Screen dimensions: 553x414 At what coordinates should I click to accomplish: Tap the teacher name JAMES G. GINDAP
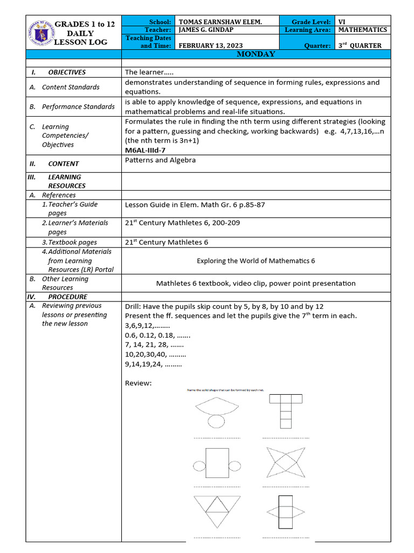[207, 30]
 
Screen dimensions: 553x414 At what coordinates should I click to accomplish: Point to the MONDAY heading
[256, 54]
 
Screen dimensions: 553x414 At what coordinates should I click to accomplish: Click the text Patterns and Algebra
[160, 160]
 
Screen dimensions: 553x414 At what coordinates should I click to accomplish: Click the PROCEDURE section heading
[67, 296]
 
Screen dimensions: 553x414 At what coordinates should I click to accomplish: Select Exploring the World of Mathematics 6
[256, 261]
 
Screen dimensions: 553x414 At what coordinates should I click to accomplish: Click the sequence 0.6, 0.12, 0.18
[157, 335]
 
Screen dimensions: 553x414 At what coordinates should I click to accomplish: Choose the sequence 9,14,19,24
[153, 365]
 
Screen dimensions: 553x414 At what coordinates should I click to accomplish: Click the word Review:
[139, 383]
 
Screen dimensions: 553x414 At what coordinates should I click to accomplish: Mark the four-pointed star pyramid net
[286, 463]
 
